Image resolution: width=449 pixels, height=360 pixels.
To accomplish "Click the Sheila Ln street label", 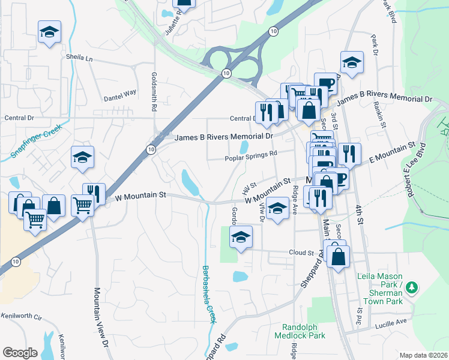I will [80, 59].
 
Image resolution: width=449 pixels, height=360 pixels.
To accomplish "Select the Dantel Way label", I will [120, 94].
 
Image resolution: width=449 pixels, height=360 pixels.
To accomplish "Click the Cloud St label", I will [301, 253].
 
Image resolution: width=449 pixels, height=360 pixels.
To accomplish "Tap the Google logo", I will [20, 353].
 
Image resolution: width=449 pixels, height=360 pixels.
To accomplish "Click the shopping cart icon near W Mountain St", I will [82, 205].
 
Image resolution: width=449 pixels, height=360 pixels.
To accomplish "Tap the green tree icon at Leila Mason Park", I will [412, 289].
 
